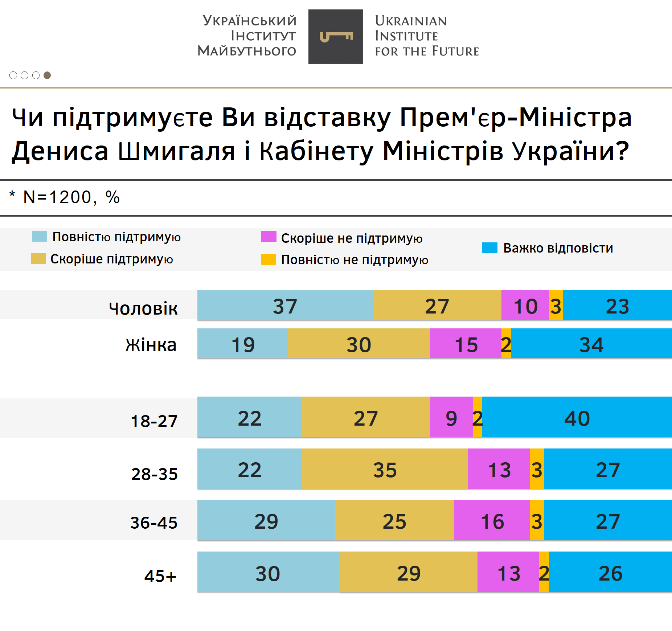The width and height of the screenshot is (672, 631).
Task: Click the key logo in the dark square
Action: coord(336,37)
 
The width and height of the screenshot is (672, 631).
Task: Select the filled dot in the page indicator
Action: coord(47,75)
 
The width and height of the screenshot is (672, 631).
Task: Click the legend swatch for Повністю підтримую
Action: coord(39,236)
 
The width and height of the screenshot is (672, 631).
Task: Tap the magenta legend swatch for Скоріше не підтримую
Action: coord(269,237)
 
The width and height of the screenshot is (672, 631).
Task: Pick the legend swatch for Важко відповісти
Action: coord(489,247)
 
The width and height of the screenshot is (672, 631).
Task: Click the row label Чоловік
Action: coord(143,308)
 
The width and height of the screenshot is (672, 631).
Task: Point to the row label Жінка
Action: coord(151,345)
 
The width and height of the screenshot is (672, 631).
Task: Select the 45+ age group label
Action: coord(160,576)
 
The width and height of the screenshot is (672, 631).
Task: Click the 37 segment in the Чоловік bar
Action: coord(285,306)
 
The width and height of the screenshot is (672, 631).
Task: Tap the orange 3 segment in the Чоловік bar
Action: coord(556,306)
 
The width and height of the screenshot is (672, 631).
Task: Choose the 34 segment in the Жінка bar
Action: coord(591,344)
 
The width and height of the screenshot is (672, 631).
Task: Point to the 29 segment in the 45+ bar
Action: coord(409,572)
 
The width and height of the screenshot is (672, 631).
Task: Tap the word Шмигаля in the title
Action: coord(176,151)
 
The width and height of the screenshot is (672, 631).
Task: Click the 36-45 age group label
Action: coord(154,523)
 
